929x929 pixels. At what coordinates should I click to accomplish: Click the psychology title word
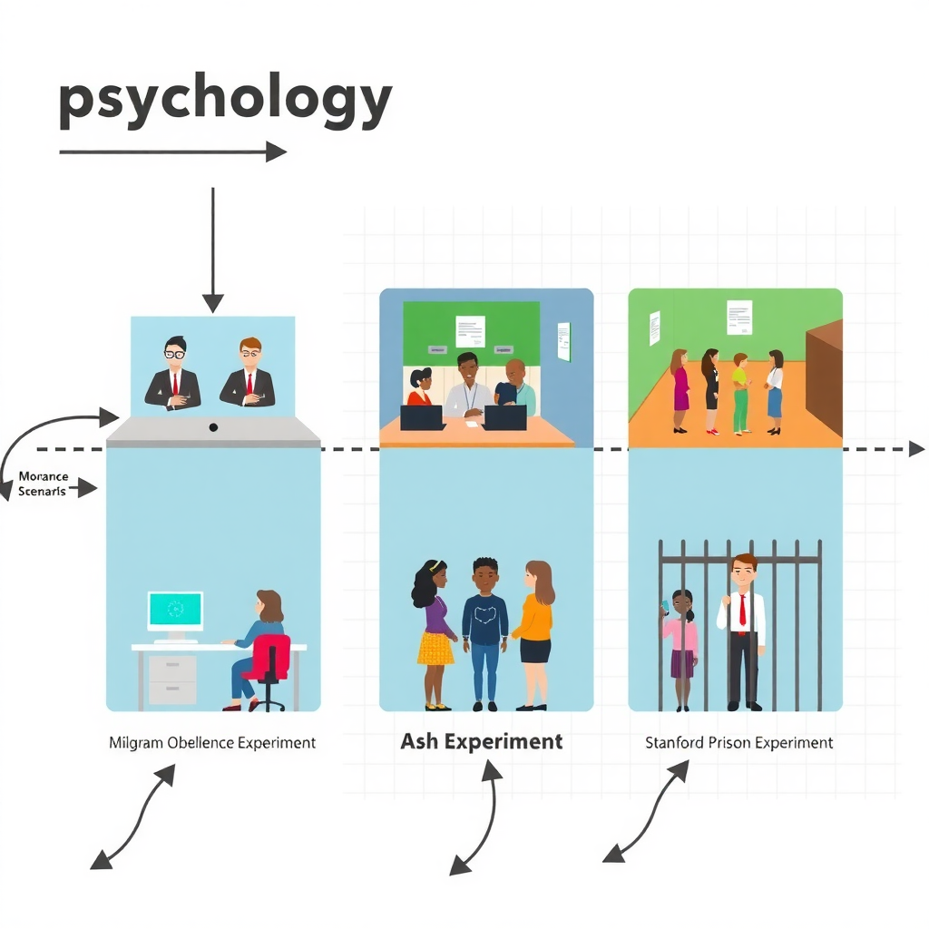pos(225,102)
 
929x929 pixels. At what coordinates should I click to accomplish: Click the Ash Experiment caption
pos(481,741)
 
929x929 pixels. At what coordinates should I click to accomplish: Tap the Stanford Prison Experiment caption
pos(738,742)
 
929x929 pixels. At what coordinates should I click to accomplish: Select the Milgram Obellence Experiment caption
pos(212,742)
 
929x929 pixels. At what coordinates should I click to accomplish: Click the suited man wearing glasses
pos(173,374)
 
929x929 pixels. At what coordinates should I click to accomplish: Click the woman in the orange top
pos(534,631)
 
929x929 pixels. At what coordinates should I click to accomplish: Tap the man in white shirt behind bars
pos(742,631)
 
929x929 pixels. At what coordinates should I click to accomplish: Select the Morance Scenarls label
pos(42,484)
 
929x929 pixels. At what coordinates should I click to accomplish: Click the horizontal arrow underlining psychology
pos(172,152)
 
